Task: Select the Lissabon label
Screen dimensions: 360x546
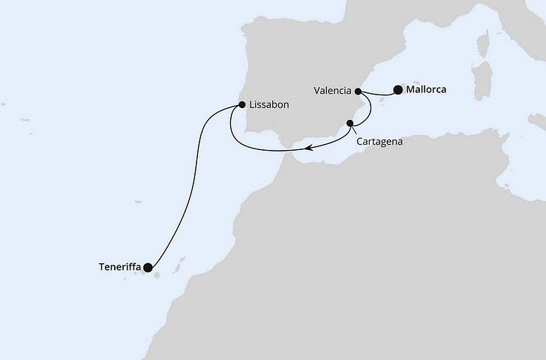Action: [268, 106]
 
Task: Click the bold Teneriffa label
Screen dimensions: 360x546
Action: [119, 266]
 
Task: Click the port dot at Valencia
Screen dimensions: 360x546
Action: [358, 91]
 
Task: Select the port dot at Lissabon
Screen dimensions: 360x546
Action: [241, 106]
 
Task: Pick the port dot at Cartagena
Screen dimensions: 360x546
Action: [349, 122]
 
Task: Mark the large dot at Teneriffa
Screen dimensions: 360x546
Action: [148, 267]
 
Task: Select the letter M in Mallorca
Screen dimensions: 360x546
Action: [409, 90]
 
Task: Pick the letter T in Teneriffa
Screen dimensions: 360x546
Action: [100, 266]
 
